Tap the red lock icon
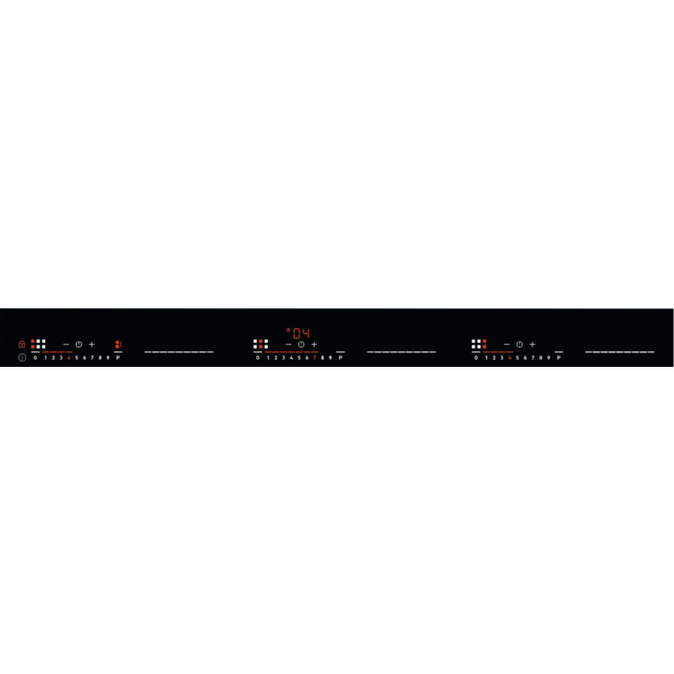(21, 344)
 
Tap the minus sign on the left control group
(66, 344)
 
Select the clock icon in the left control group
(79, 344)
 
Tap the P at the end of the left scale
(117, 357)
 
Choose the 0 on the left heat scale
(36, 357)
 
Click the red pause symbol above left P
(117, 344)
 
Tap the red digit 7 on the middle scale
(314, 357)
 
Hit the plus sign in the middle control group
(314, 344)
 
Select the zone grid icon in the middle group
(261, 344)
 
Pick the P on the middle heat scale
(340, 357)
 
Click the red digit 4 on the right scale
(509, 357)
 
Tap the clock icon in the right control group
(519, 344)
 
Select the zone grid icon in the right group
(479, 344)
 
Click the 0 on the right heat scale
(476, 357)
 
